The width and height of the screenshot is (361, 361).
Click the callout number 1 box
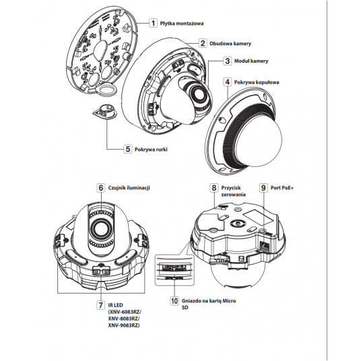[x=153, y=23]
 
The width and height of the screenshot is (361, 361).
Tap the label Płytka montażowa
[x=182, y=24]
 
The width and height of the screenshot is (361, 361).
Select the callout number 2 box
[x=203, y=43]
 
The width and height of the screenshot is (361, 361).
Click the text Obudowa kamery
[x=230, y=44]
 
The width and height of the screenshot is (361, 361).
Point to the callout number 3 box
[x=228, y=61]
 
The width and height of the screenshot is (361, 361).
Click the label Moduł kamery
[x=251, y=61]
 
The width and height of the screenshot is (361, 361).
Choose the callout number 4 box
[x=228, y=82]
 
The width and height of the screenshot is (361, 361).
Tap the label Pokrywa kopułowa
[x=257, y=82]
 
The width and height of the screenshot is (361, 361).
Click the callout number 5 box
[x=128, y=149]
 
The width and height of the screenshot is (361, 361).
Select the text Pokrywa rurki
[x=151, y=150]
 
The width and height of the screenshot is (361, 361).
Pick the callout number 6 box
[x=101, y=188]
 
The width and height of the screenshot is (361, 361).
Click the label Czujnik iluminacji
[x=129, y=188]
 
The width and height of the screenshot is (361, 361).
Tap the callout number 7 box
[x=101, y=305]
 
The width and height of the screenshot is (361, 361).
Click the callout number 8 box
[x=214, y=188]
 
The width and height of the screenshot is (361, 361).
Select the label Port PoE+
[x=282, y=188]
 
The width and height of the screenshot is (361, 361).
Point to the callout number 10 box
[x=174, y=300]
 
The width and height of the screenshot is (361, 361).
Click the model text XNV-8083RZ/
[x=124, y=319]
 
